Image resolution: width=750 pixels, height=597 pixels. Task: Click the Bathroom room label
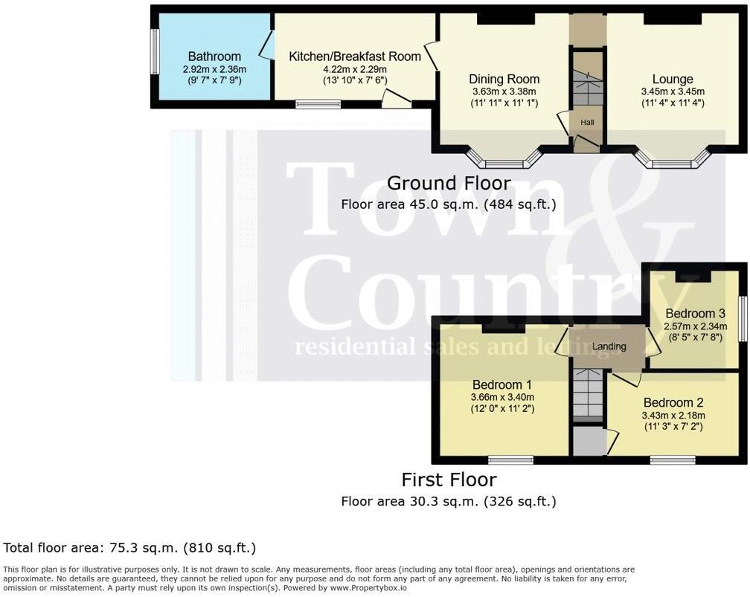point(214,57)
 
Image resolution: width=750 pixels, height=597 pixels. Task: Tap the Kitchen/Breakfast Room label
point(355,57)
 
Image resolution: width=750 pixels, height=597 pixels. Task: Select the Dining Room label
point(504,80)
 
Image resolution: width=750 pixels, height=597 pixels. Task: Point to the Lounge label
point(673,80)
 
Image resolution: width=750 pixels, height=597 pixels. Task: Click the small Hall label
point(587,123)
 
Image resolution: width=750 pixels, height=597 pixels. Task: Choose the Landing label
point(609,346)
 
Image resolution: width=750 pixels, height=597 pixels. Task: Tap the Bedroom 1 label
point(502,385)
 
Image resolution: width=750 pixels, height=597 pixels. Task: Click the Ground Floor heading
point(449,183)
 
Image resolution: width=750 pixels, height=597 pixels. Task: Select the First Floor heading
point(449,480)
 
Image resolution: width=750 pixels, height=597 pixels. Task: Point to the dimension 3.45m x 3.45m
point(673,92)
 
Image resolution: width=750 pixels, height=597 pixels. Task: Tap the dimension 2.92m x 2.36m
point(214,69)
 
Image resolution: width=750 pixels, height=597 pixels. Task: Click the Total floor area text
point(129,548)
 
